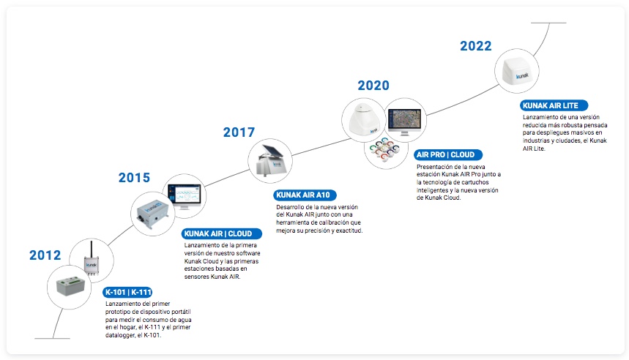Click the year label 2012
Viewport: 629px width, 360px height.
[x=45, y=255]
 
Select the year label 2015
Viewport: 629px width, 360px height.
[x=134, y=178]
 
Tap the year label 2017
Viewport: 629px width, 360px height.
[x=239, y=132]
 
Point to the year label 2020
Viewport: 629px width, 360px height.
[x=373, y=86]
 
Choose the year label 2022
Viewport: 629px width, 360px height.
[x=476, y=46]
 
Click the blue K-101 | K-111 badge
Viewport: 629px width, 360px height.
[x=128, y=292]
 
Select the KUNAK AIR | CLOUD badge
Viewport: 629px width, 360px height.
[x=222, y=233]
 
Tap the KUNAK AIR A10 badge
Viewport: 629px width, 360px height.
[x=305, y=195]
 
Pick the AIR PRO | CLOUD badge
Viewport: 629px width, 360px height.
[x=448, y=154]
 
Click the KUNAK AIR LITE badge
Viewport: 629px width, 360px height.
[x=554, y=105]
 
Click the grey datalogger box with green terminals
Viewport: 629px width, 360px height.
[x=70, y=286]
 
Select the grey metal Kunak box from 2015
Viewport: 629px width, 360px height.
[x=152, y=214]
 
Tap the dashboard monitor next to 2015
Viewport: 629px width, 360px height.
[x=184, y=197]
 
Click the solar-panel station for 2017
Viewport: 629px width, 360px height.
[x=272, y=161]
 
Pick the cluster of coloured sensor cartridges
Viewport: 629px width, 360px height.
[x=384, y=149]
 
